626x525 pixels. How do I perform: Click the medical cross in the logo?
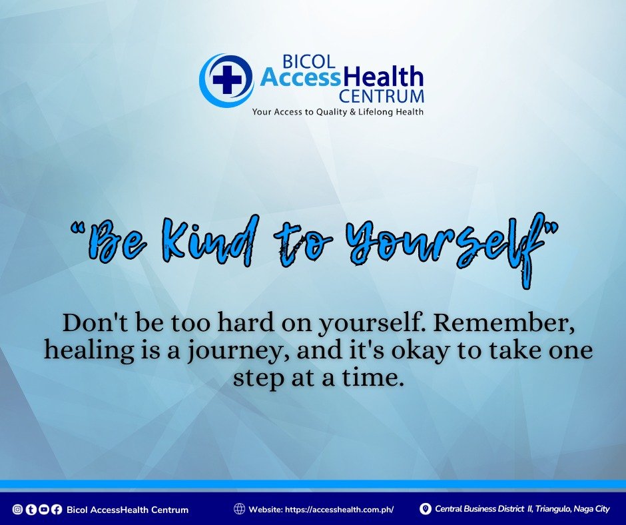(227, 79)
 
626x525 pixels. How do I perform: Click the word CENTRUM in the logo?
(382, 97)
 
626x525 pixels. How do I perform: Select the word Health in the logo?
(383, 77)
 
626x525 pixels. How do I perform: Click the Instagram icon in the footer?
(17, 509)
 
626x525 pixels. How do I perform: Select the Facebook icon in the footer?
(57, 509)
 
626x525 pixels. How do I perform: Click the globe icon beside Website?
(239, 508)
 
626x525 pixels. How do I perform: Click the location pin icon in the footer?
(426, 508)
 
